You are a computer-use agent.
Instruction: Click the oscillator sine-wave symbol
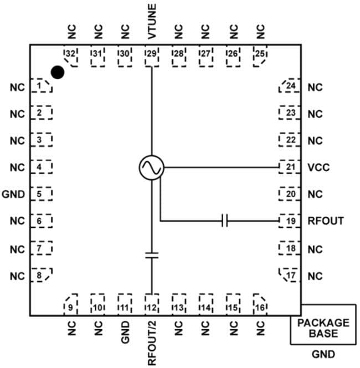(x=151, y=167)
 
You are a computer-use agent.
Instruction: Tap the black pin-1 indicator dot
(x=57, y=72)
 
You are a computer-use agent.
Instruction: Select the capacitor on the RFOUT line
(x=224, y=221)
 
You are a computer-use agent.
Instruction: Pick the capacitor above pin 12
(x=151, y=255)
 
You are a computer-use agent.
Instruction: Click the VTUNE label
(x=152, y=21)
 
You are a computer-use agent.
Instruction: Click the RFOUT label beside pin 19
(x=326, y=221)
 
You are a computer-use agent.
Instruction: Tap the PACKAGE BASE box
(x=323, y=328)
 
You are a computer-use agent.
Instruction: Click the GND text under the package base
(x=323, y=354)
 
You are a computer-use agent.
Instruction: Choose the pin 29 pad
(x=152, y=55)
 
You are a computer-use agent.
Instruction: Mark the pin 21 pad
(x=290, y=167)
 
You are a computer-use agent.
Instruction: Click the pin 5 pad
(x=41, y=194)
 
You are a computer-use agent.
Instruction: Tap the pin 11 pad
(x=125, y=304)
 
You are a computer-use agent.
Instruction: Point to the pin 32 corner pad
(x=70, y=55)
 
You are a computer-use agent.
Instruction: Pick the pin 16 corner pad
(x=260, y=304)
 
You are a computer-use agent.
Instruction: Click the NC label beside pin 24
(x=315, y=88)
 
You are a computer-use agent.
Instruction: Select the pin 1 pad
(x=41, y=86)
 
